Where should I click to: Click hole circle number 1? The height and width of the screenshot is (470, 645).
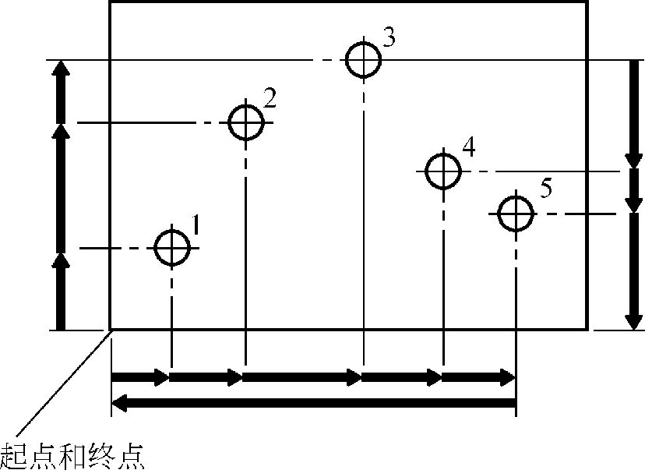[x=172, y=248]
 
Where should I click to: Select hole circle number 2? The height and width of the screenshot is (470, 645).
[x=245, y=122]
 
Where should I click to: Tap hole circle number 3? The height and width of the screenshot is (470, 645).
[x=363, y=60]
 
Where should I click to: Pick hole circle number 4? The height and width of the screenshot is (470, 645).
[x=442, y=171]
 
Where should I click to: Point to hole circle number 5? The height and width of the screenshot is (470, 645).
[x=515, y=214]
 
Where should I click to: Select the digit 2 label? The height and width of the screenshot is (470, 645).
[x=270, y=98]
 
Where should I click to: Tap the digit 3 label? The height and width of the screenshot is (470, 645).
[x=389, y=37]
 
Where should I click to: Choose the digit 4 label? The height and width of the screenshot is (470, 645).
[x=467, y=147]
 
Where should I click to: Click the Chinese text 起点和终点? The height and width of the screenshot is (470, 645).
[x=73, y=454]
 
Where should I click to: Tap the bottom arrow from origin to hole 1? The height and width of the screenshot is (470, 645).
[x=141, y=378]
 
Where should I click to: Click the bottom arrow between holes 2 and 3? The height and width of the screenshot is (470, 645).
[x=303, y=378]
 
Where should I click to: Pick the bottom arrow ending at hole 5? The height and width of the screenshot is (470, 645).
[x=478, y=378]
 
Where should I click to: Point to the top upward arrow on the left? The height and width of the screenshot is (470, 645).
[x=60, y=91]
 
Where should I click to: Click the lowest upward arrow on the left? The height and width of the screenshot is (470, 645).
[x=60, y=290]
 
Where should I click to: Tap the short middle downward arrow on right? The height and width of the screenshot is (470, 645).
[x=633, y=192]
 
